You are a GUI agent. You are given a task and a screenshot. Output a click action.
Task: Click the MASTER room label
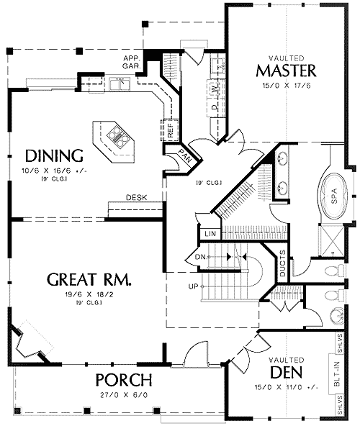click(x=286, y=71)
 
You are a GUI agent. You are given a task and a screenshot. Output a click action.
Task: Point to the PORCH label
click(x=125, y=380)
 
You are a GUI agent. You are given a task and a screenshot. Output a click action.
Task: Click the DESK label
click(x=137, y=197)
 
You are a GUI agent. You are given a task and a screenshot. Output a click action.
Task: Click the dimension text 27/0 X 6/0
click(x=125, y=395)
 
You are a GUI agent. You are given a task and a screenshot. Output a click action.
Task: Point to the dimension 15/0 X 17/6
click(x=286, y=86)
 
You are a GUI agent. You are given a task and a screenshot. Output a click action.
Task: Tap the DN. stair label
click(x=201, y=256)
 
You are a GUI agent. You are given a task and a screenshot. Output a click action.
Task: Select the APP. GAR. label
click(x=131, y=63)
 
